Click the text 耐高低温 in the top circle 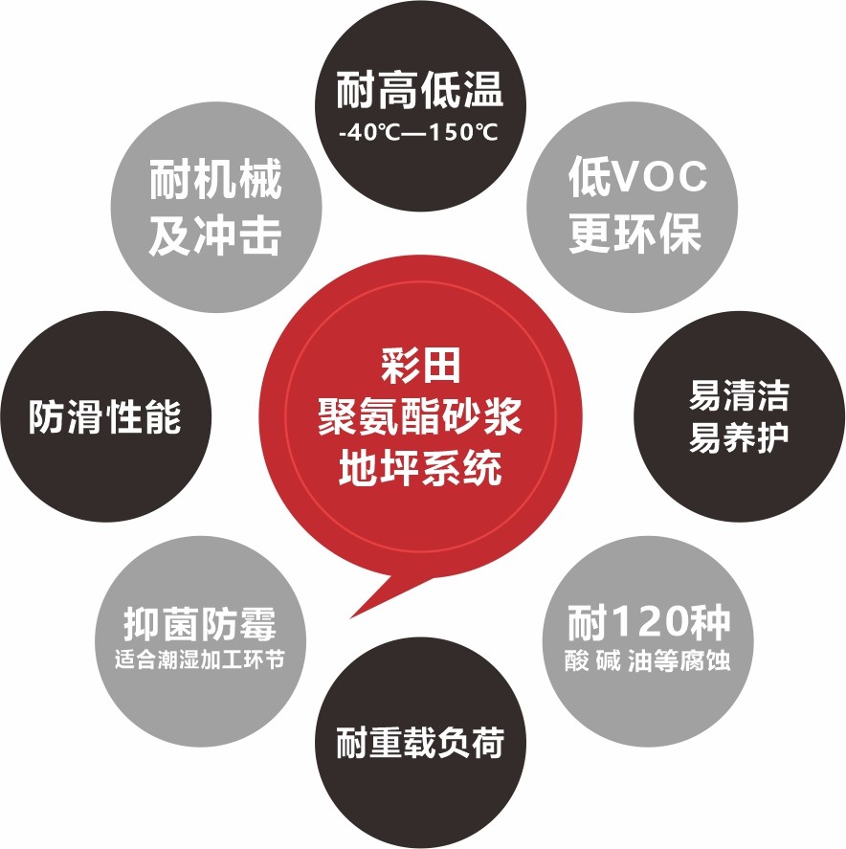point(419,94)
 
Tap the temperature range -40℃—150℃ point(419,132)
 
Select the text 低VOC point(636,176)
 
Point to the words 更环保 point(636,234)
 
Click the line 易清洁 point(738,395)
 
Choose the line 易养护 point(738,438)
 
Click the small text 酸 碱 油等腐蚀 point(648,661)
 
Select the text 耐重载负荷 point(419,743)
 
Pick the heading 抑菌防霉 point(200,625)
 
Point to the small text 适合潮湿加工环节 point(200,660)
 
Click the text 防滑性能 point(104,417)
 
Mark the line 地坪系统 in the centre point(419,469)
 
